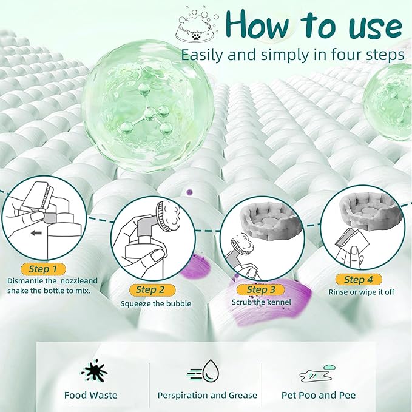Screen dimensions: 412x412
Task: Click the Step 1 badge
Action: click(43, 269)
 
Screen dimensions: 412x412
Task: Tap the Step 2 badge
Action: click(152, 290)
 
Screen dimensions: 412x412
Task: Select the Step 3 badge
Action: click(260, 290)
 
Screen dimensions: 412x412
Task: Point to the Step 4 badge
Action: click(359, 279)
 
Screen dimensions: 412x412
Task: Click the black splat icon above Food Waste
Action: click(95, 371)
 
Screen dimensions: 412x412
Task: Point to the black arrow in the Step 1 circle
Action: click(36, 233)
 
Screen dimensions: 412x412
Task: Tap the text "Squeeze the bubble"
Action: click(156, 304)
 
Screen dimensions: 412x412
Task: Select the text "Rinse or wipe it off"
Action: click(361, 292)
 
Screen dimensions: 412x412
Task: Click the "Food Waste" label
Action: click(91, 395)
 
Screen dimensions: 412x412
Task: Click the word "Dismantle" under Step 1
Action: click(25, 280)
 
